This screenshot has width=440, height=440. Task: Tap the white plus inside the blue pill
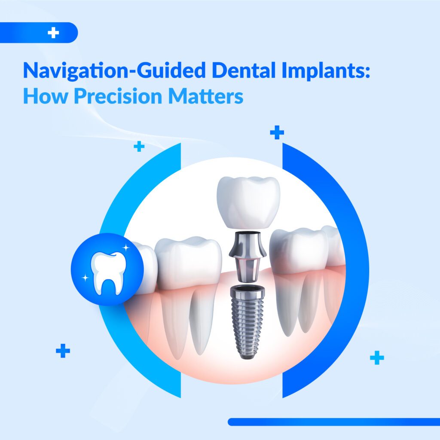tap(53, 33)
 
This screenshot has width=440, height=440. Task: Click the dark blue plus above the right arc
tap(277, 133)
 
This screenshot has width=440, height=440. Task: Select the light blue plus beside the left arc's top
tap(139, 147)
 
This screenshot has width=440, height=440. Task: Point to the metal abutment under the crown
tap(247, 254)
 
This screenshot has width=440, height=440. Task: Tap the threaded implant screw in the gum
tap(247, 318)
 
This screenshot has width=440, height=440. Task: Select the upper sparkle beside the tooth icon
tap(126, 248)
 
